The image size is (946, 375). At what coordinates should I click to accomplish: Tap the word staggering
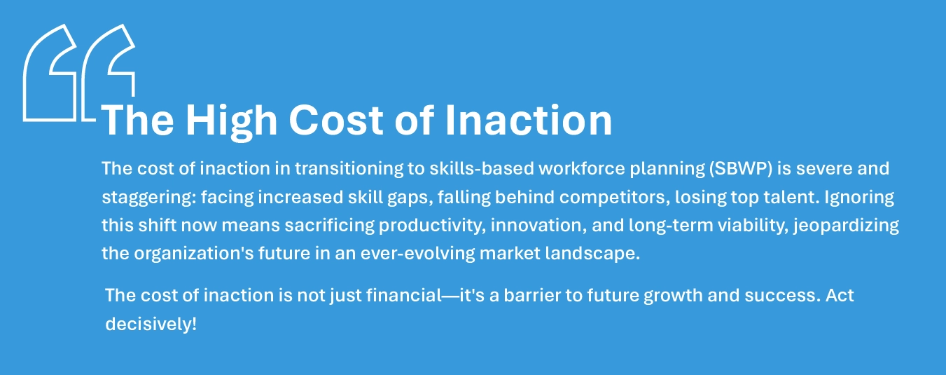click(x=148, y=198)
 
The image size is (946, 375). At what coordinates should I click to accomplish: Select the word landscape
click(x=598, y=254)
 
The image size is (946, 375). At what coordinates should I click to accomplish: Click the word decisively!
click(x=151, y=325)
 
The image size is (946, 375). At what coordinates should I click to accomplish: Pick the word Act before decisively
click(x=839, y=295)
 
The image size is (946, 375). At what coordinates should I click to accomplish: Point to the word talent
click(x=770, y=198)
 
